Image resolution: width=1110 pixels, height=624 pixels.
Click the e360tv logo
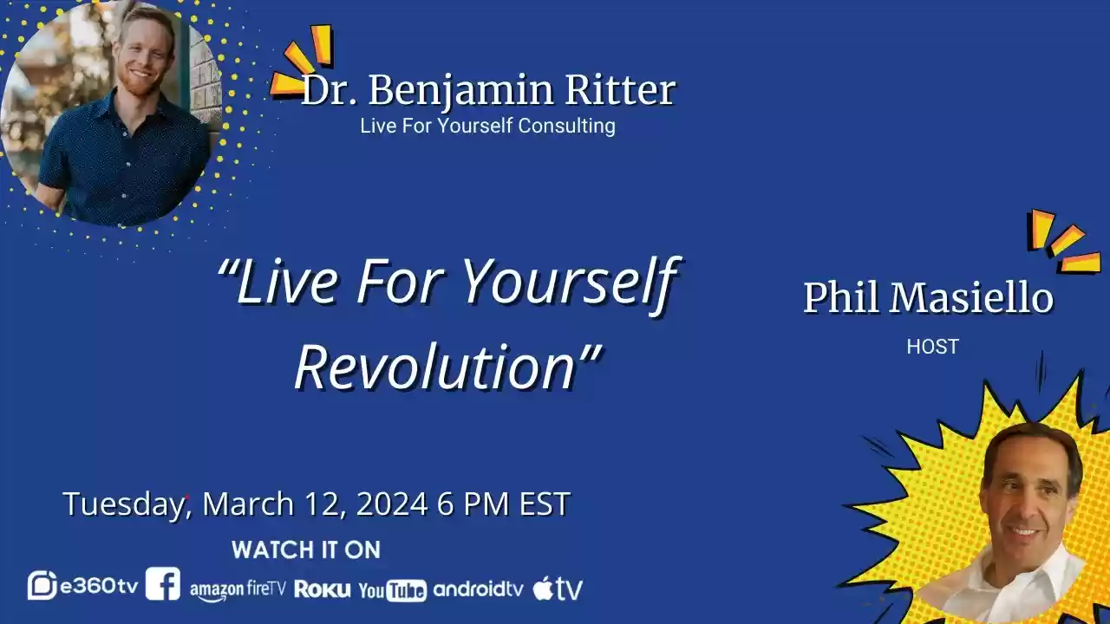(83, 586)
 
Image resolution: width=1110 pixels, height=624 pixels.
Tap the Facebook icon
(163, 584)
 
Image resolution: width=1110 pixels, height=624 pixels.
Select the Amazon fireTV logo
(238, 589)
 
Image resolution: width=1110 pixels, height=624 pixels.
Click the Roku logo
(323, 589)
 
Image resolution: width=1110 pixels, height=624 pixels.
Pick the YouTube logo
(392, 590)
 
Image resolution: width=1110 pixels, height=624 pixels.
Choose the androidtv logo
(479, 589)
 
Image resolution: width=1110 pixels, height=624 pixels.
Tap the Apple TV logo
(558, 588)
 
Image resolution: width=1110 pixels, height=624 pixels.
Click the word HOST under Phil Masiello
(932, 347)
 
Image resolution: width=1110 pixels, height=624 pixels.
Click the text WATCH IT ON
(306, 549)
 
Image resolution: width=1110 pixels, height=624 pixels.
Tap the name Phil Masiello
(928, 298)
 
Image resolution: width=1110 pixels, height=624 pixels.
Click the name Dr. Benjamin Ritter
(488, 91)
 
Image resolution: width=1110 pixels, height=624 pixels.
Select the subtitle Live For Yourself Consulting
(487, 126)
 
